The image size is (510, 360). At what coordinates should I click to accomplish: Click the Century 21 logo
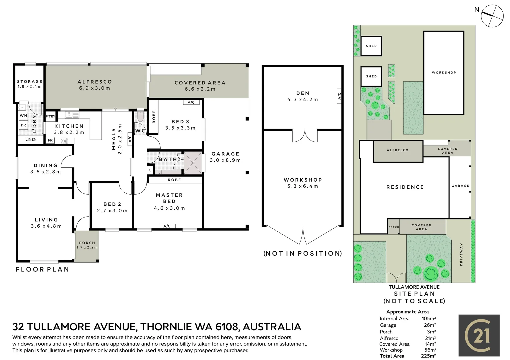(479, 335)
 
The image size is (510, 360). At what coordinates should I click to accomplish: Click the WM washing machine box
(23, 115)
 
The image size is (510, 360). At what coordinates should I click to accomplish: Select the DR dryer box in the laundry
(23, 125)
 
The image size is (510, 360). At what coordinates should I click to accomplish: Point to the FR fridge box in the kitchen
(50, 140)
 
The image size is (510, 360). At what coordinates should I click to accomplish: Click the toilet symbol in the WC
(140, 117)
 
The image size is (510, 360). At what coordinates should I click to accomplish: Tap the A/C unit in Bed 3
(191, 102)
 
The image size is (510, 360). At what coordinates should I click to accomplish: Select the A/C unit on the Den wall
(339, 96)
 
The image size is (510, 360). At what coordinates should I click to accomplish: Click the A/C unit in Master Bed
(167, 226)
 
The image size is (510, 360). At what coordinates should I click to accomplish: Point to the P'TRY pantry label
(51, 116)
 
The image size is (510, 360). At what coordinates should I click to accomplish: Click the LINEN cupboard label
(31, 139)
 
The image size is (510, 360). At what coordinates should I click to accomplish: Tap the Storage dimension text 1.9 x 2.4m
(30, 86)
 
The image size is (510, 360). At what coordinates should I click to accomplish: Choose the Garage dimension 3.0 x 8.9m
(225, 160)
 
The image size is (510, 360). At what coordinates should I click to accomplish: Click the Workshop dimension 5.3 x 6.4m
(303, 186)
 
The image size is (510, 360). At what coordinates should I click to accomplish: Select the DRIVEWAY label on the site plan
(461, 254)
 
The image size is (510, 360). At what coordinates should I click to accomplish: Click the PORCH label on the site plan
(394, 227)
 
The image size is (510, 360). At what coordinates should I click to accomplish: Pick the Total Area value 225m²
(428, 356)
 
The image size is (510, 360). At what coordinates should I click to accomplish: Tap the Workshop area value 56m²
(430, 350)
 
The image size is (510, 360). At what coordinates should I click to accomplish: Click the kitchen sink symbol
(72, 115)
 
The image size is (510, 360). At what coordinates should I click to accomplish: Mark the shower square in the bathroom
(193, 163)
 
